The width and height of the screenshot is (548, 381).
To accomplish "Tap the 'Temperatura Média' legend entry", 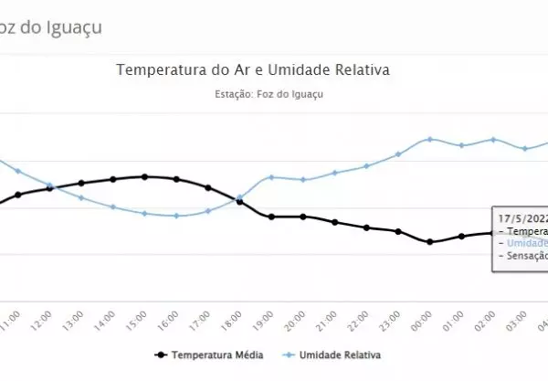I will (207, 354).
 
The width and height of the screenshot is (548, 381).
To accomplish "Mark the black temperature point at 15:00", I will (144, 176).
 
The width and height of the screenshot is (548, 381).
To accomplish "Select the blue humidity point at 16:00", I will (176, 216).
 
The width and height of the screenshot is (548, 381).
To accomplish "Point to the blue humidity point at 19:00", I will (271, 177).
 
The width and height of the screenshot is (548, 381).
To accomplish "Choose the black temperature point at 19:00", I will (271, 217).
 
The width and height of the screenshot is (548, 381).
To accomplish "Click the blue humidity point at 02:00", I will (493, 139).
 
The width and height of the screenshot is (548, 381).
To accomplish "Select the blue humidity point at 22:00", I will (366, 166).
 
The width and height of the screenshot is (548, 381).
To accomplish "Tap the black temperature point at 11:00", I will (18, 195).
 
